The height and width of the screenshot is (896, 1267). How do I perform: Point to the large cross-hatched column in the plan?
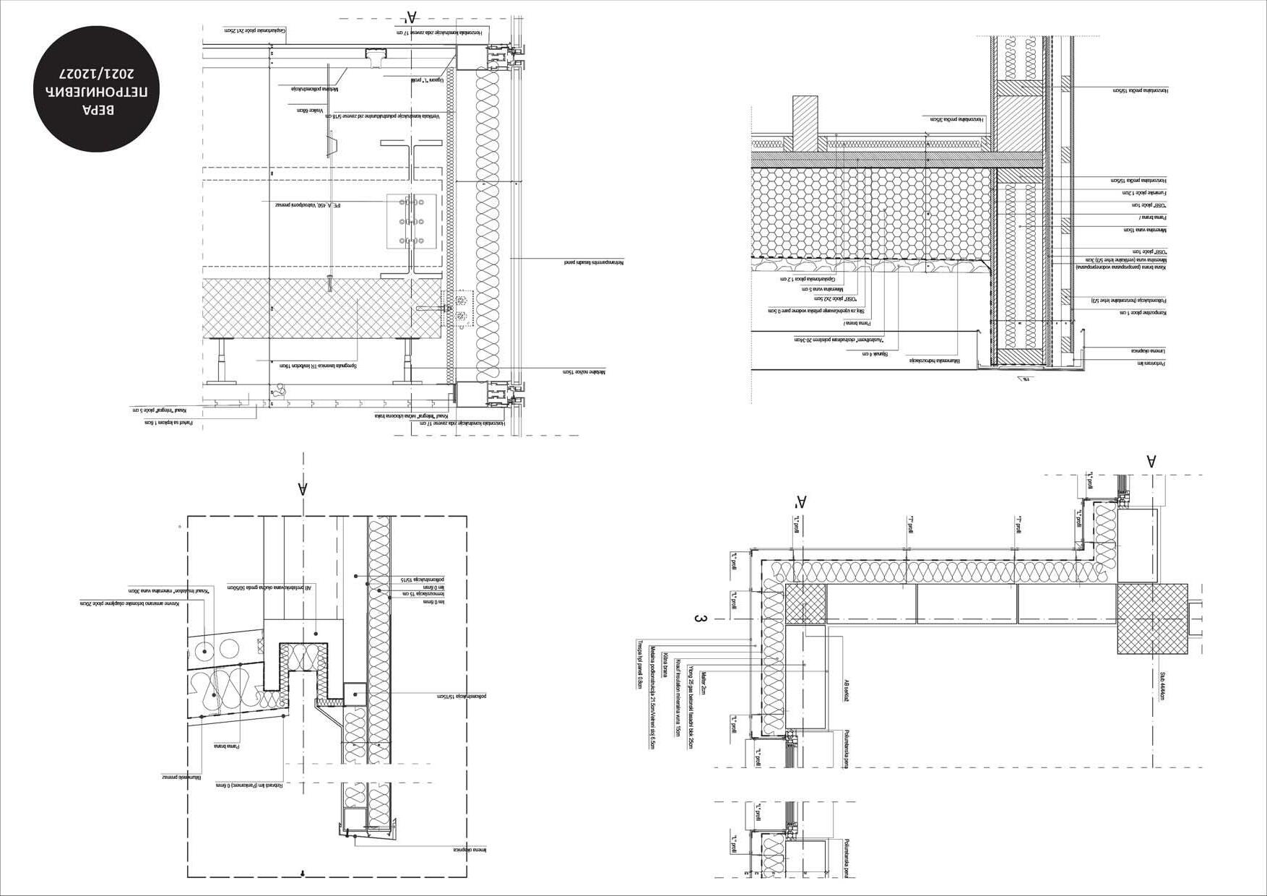coord(1152,619)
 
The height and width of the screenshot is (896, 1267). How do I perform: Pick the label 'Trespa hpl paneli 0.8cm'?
coord(640,664)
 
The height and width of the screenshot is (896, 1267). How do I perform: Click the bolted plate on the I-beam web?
coord(410,221)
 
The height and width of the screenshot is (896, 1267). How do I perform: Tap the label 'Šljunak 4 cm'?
coord(875,353)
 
